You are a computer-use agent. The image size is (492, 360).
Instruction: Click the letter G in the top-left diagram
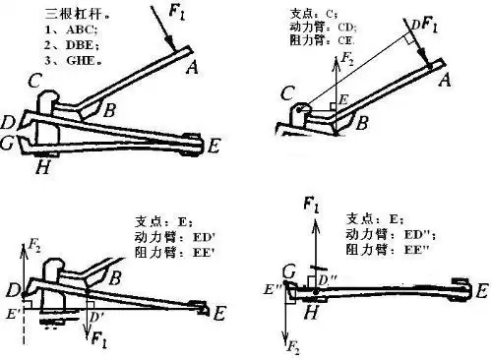[9, 146]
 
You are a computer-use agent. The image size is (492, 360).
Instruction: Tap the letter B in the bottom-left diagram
[114, 278]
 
